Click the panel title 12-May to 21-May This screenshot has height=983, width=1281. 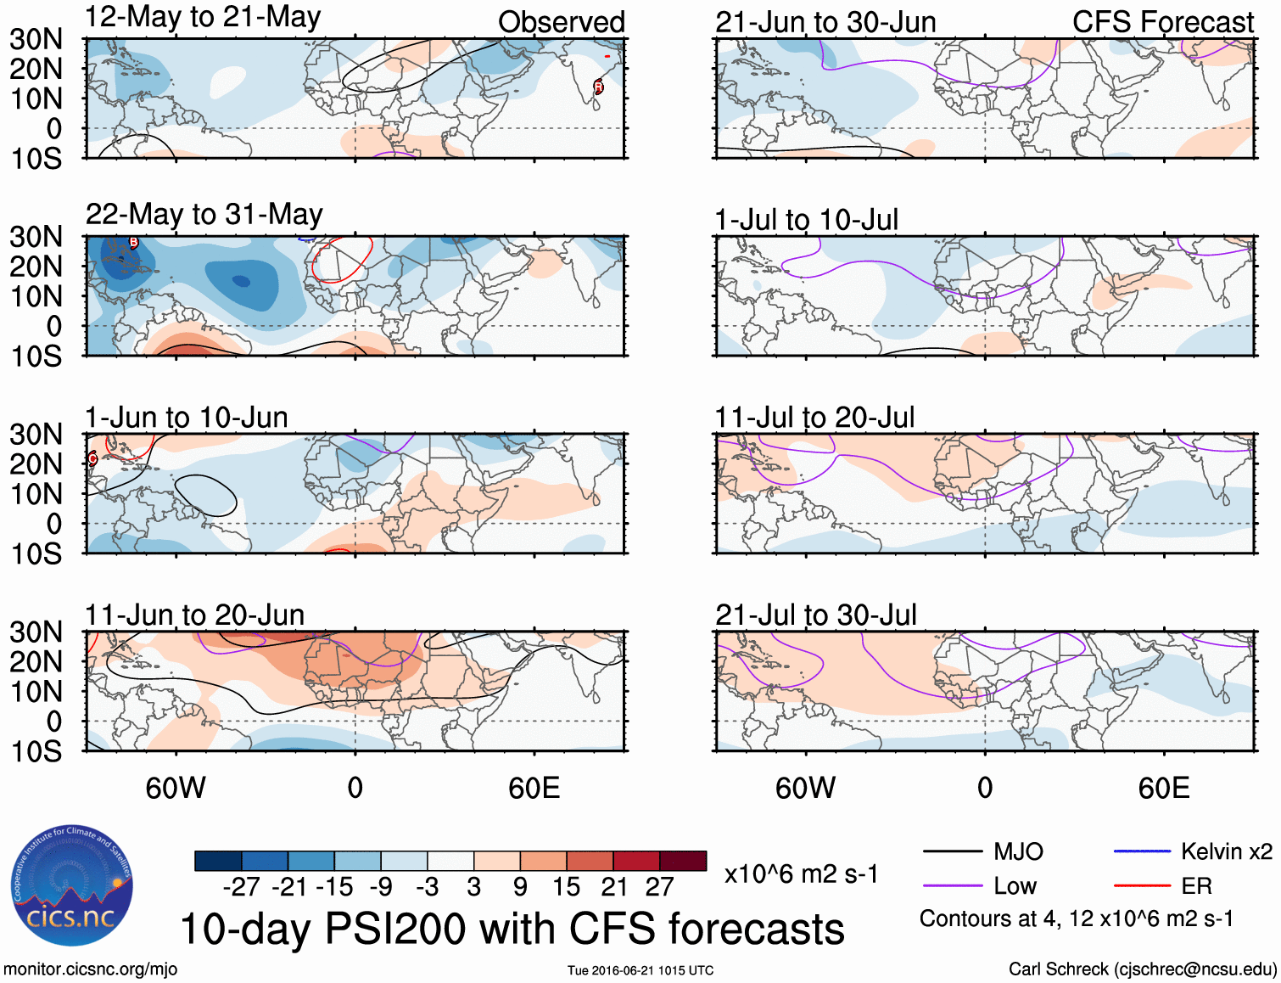point(203,17)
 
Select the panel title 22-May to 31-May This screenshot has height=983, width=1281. point(204,214)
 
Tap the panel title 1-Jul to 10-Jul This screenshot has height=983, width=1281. point(806,220)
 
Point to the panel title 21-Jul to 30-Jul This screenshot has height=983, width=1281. point(815,615)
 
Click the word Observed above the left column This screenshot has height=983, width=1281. point(561,22)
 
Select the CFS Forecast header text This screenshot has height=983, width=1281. point(1162,22)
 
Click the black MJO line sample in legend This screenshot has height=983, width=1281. point(952,851)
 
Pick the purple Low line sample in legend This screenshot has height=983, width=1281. point(952,886)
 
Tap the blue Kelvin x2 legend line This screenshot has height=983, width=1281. point(1142,851)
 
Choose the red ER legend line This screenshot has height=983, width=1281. point(1142,886)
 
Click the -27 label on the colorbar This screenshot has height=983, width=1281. point(241,887)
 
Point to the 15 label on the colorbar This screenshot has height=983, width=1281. point(566,887)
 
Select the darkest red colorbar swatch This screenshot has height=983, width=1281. point(683,861)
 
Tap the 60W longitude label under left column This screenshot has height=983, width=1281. point(176,788)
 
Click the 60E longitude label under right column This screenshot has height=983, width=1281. point(1163,788)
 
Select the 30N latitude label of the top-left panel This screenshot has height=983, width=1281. point(36,39)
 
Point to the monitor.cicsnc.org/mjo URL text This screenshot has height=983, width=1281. point(90,969)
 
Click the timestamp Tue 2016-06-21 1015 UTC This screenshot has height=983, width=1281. point(640,970)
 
